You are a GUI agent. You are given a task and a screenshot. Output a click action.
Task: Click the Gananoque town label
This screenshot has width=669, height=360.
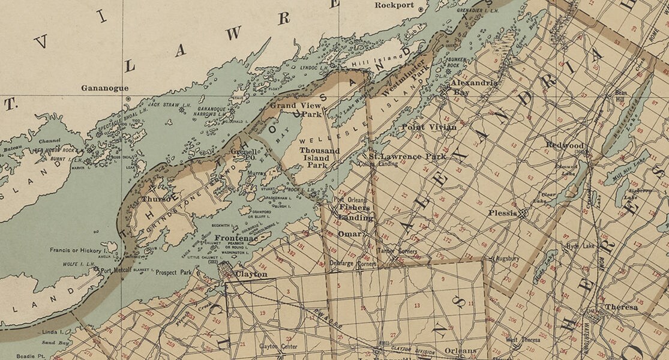tap(105, 88)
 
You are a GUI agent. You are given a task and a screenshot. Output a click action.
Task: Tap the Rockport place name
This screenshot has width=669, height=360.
tap(395, 5)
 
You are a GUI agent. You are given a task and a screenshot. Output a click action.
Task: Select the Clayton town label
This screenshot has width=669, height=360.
tap(251, 274)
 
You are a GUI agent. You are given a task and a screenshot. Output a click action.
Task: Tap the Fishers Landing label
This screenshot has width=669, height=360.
tap(355, 212)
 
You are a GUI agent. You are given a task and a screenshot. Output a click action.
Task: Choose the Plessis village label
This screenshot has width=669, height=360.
tap(502, 213)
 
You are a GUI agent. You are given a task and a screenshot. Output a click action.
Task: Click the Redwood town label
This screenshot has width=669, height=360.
tap(565, 145)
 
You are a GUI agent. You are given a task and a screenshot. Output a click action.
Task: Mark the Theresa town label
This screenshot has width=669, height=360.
tap(621, 307)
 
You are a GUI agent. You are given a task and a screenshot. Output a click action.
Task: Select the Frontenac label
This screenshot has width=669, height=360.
tap(236, 238)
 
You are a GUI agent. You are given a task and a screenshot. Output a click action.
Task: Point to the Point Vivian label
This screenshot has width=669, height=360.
tap(428, 127)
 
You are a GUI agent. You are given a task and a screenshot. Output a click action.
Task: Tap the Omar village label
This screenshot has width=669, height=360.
tap(349, 234)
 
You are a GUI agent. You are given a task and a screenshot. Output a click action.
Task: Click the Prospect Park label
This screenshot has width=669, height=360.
tap(175, 272)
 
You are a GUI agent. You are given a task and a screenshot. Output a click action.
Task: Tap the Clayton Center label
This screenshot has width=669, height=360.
tap(278, 346)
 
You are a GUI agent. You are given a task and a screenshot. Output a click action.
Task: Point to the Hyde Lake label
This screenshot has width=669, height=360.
tap(577, 246)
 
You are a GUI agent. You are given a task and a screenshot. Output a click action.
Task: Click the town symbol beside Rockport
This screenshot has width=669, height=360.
tap(421, 9)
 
